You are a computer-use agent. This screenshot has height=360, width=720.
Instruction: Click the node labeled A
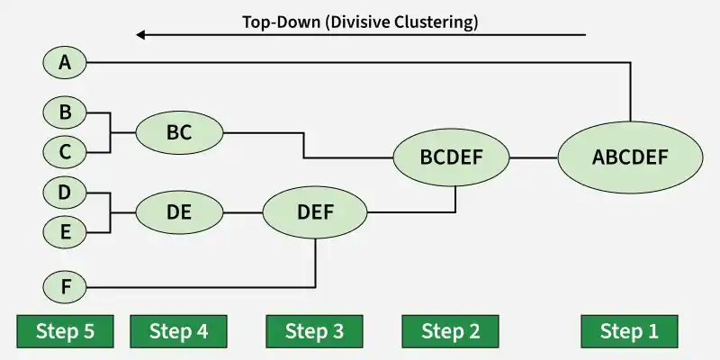click(x=64, y=62)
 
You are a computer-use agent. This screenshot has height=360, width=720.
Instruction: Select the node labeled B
click(x=64, y=112)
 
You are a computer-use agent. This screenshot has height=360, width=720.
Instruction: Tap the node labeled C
click(x=64, y=152)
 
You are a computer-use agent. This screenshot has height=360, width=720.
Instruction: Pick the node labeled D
click(x=64, y=192)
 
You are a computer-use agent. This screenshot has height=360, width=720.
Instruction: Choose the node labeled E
click(x=64, y=232)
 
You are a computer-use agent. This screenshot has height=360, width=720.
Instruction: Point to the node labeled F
click(x=64, y=288)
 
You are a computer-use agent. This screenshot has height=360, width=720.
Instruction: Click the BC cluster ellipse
click(x=179, y=133)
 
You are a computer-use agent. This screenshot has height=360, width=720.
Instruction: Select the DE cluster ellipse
click(x=179, y=212)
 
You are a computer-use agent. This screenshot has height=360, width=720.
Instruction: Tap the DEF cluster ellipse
click(x=315, y=212)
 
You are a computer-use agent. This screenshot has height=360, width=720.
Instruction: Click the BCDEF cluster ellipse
click(x=452, y=157)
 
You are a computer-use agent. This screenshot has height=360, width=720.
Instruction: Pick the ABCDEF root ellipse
click(x=630, y=157)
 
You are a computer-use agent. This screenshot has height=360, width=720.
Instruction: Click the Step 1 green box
click(x=629, y=331)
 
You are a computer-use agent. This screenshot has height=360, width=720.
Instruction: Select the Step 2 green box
click(x=451, y=331)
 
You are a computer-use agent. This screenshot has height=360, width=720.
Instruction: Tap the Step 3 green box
click(x=315, y=331)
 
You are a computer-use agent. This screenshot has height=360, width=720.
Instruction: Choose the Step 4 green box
click(x=178, y=331)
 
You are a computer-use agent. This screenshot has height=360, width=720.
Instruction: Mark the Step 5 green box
click(x=65, y=331)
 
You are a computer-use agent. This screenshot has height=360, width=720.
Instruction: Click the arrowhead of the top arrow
click(x=141, y=35)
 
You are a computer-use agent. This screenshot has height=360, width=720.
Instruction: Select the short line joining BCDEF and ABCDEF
click(x=534, y=157)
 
